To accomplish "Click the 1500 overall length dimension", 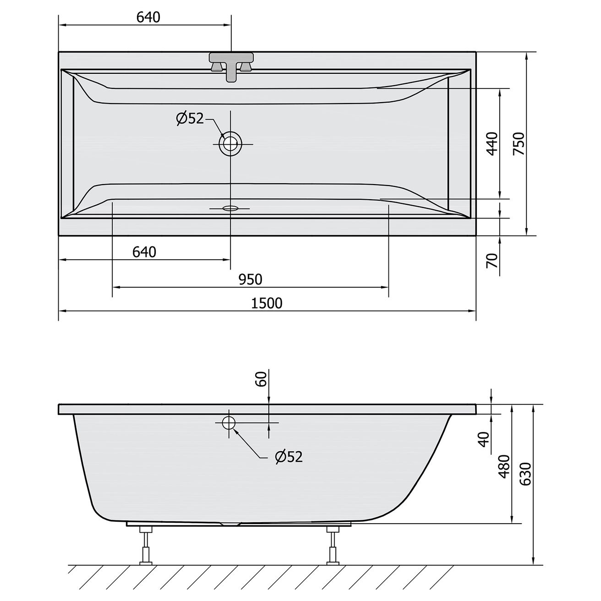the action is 267,303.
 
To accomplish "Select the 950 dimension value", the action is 250,279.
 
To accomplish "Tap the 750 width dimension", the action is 519,144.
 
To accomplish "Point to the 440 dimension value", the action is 492,144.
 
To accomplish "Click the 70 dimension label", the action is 492,261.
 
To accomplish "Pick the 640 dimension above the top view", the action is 148,17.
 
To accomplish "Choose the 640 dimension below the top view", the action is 144,252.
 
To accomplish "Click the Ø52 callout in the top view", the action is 190,119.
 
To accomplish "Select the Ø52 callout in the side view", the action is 289,457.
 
